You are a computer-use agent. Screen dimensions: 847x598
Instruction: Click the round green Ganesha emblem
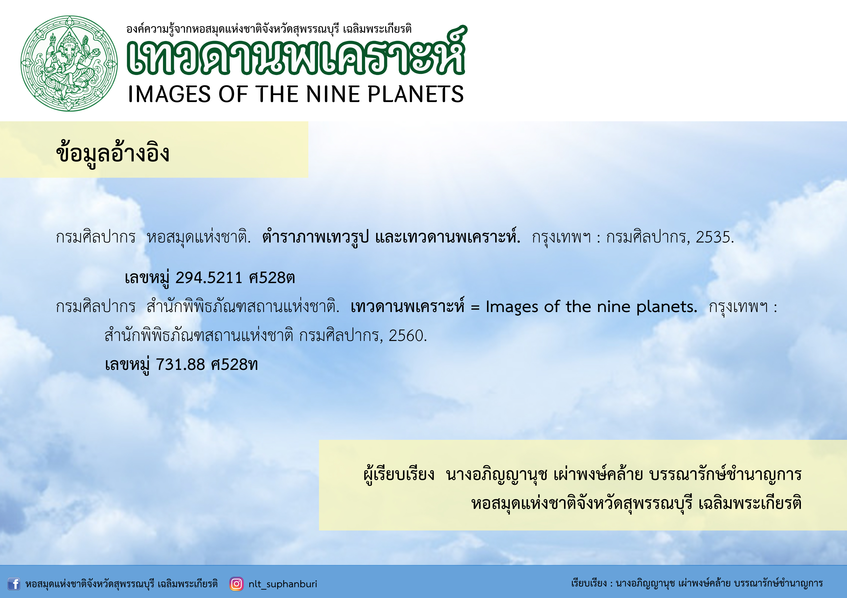pyautogui.click(x=69, y=63)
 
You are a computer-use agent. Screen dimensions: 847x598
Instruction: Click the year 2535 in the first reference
pyautogui.click(x=714, y=237)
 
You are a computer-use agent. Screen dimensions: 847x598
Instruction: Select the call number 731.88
pyautogui.click(x=180, y=364)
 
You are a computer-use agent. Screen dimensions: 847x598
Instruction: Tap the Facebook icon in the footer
pyautogui.click(x=14, y=584)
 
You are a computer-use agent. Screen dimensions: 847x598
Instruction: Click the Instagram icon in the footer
pyautogui.click(x=236, y=584)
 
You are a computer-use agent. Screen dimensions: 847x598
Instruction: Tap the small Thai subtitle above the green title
pyautogui.click(x=269, y=29)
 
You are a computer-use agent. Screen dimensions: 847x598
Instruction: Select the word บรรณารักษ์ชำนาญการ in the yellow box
pyautogui.click(x=726, y=474)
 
